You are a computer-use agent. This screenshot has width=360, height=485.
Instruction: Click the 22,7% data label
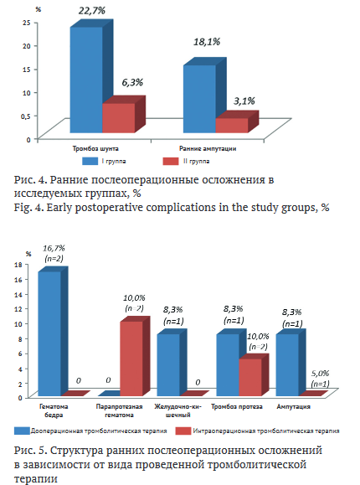pos(92,11)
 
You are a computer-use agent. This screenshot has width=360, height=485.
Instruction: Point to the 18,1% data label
pos(207,42)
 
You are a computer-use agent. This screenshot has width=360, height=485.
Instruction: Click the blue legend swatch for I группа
pos(90,161)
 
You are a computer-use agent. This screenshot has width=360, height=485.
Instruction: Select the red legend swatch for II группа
pos(171,161)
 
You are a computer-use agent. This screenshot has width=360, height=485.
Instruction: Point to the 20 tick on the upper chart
pos(27,46)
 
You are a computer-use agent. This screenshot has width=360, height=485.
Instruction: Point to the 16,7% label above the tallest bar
pos(54,249)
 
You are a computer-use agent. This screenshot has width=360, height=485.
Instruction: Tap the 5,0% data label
pos(320,374)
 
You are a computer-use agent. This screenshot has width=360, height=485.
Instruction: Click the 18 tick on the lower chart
pos(18,265)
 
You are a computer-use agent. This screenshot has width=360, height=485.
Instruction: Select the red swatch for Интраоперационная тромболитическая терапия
pos(183,431)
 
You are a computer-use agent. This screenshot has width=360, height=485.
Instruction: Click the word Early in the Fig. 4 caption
pos(60,207)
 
